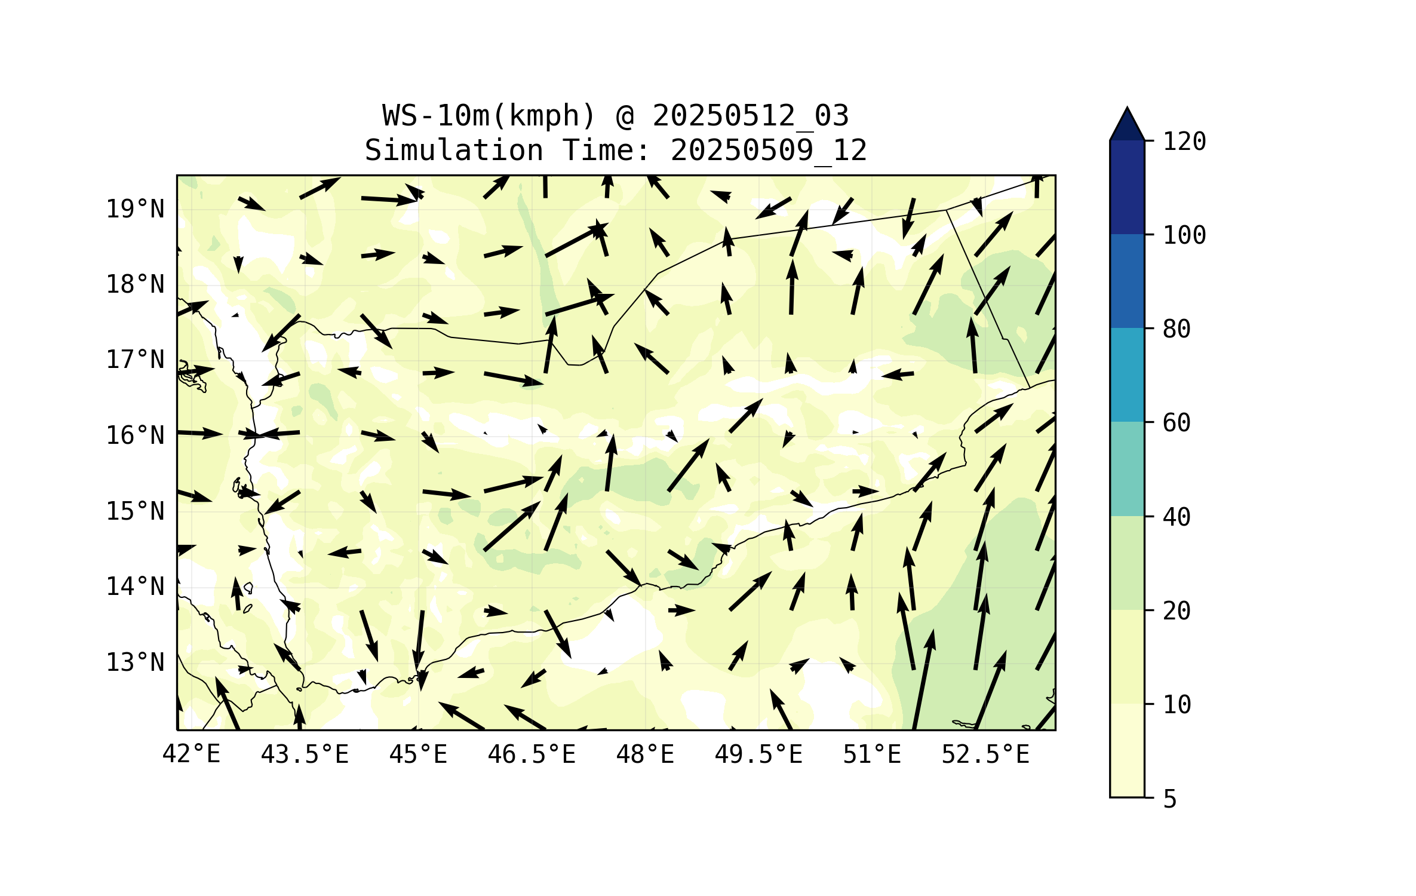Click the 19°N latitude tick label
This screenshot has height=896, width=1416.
pos(135,209)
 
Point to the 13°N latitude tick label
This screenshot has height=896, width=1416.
pos(135,662)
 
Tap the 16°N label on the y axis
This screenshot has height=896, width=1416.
pos(135,436)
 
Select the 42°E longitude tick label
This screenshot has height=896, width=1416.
pos(191,754)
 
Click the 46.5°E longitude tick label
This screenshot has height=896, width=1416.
pos(532,754)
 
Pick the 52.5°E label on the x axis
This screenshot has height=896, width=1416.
pos(985,754)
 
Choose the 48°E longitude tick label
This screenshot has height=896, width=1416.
pos(645,754)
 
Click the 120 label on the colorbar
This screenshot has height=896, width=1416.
pos(1184,142)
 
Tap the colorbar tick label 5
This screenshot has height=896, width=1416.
pos(1170,799)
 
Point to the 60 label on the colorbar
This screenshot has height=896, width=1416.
pos(1177,423)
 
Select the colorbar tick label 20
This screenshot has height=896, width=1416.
pos(1177,611)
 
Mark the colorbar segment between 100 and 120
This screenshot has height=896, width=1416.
pos(1127,187)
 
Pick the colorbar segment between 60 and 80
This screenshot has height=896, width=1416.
pos(1127,375)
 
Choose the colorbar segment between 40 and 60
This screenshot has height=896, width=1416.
pos(1127,469)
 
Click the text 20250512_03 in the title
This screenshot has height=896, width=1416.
pos(751,116)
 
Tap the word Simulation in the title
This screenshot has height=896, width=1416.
pos(454,151)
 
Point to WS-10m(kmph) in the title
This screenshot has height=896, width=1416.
pos(490,116)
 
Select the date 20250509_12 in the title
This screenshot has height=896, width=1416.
pos(769,151)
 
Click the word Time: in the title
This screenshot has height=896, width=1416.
pos(606,151)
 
